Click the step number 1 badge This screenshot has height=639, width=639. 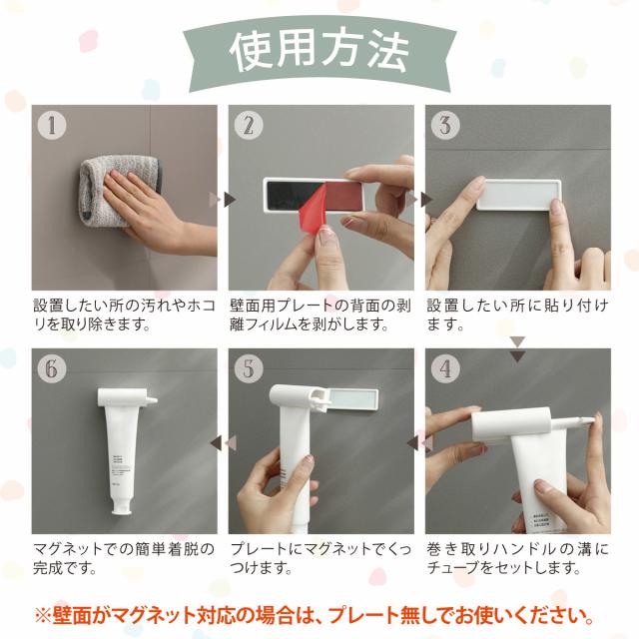pos(52,126)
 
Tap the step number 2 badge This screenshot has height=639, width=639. pos(249,126)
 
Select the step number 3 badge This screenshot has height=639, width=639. pos(445,126)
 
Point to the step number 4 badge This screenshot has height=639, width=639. pos(445,368)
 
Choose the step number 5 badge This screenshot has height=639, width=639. pos(249,368)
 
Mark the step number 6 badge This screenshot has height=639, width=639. pos(52,368)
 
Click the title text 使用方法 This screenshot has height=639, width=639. pos(319,52)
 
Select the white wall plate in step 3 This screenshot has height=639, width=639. pos(518,194)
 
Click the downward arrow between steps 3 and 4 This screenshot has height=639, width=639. pos(518,349)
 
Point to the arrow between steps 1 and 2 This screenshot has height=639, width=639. pos(222,200)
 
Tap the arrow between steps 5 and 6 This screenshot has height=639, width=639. pos(223,443)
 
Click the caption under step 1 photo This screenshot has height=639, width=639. pos(124,316)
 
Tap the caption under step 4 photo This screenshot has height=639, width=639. pos(517,558)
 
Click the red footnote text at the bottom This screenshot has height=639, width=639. pos(315,616)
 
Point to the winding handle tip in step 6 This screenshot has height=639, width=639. pos(154,399)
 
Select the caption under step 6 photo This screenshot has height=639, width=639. pos(124,558)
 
